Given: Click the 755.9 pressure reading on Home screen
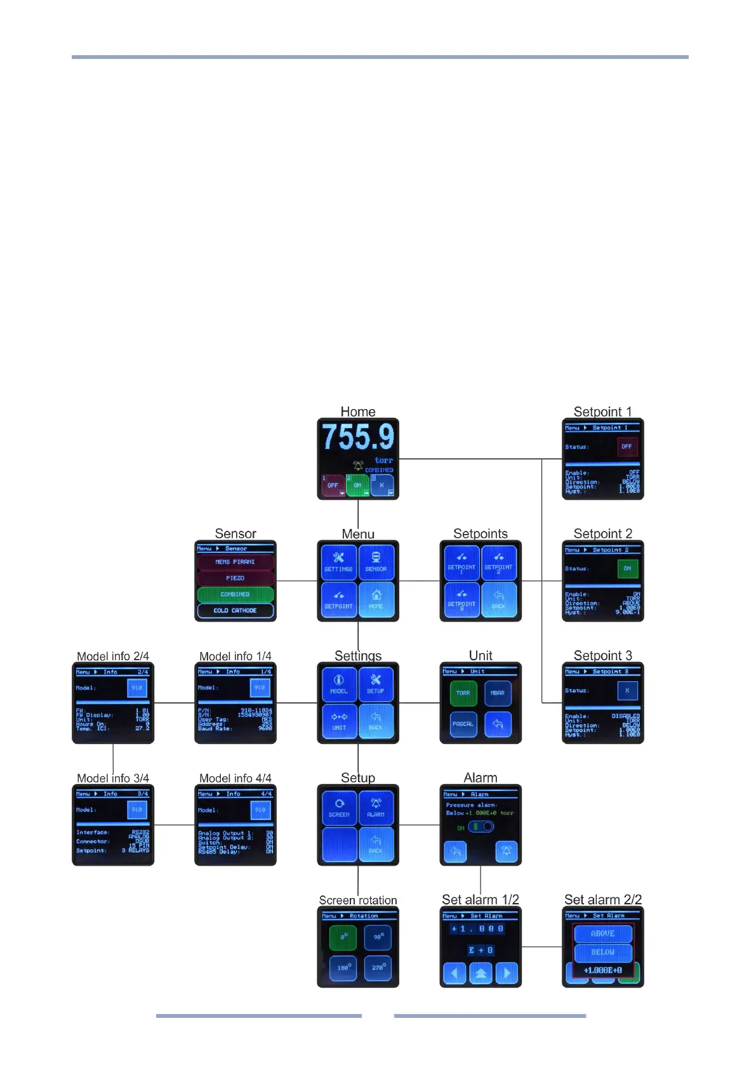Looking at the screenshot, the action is coord(358,437).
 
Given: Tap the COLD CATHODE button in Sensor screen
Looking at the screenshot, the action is coord(235,610).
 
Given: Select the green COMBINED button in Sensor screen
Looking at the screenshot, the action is coord(235,594).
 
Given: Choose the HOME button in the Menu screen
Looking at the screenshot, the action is coord(376,599).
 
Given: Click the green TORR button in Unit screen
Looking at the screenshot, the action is coord(463,693).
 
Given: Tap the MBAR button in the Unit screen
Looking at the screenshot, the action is coord(498,693).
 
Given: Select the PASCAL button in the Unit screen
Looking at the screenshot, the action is coord(463,724).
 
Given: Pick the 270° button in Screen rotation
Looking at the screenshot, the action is coord(378,968).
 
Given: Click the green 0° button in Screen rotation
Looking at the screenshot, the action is coord(343,937).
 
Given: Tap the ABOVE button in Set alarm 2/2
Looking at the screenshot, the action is coord(602,934).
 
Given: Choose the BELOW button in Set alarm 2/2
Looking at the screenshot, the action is coord(602,952).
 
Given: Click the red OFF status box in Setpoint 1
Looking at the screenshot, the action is coord(627,446).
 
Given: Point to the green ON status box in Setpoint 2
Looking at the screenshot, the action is coord(627,568).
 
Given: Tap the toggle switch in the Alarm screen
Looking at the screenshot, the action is coord(481,827).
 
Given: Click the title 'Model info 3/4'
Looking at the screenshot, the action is coord(113,778).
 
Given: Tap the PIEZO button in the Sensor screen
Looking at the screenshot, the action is coord(235,578).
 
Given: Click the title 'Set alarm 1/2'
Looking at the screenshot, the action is coord(481,900).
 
